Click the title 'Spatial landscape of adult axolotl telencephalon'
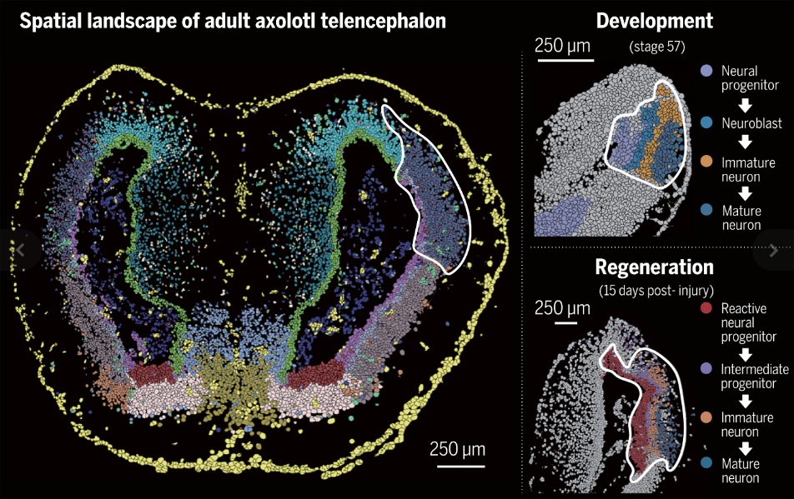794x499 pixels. (232, 21)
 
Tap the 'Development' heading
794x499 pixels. (655, 21)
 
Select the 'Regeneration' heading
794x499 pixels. (655, 267)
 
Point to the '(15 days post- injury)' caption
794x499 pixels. (654, 290)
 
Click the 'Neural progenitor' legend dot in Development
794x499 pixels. (707, 72)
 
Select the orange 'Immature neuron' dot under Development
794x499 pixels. (707, 159)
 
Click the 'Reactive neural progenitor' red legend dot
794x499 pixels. (707, 308)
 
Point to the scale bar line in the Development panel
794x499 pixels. (565, 60)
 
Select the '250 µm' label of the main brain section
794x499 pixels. (458, 449)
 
